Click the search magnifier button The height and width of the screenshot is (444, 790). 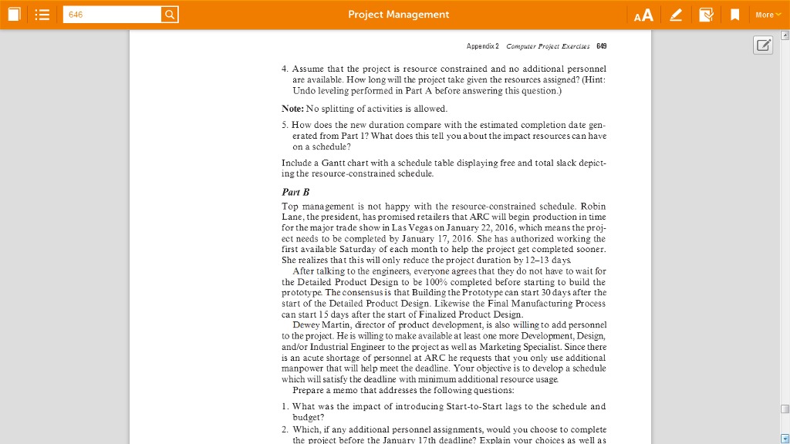pos(170,15)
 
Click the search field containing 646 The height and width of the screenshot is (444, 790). pos(111,15)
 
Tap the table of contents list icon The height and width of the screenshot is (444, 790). pos(42,15)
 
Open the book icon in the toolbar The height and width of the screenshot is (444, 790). pos(15,15)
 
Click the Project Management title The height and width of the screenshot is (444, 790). pos(398,15)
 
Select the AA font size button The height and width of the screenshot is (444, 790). pos(643,15)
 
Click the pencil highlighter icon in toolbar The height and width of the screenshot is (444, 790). pos(676,15)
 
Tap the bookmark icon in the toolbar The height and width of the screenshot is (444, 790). pos(735,15)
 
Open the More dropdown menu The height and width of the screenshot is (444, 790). pos(767,15)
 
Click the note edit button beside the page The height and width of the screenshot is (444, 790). pos(763,45)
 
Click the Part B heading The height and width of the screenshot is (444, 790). pos(295,192)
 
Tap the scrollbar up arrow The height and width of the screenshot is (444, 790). pos(785,35)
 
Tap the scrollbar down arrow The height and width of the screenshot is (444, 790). pos(785,438)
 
